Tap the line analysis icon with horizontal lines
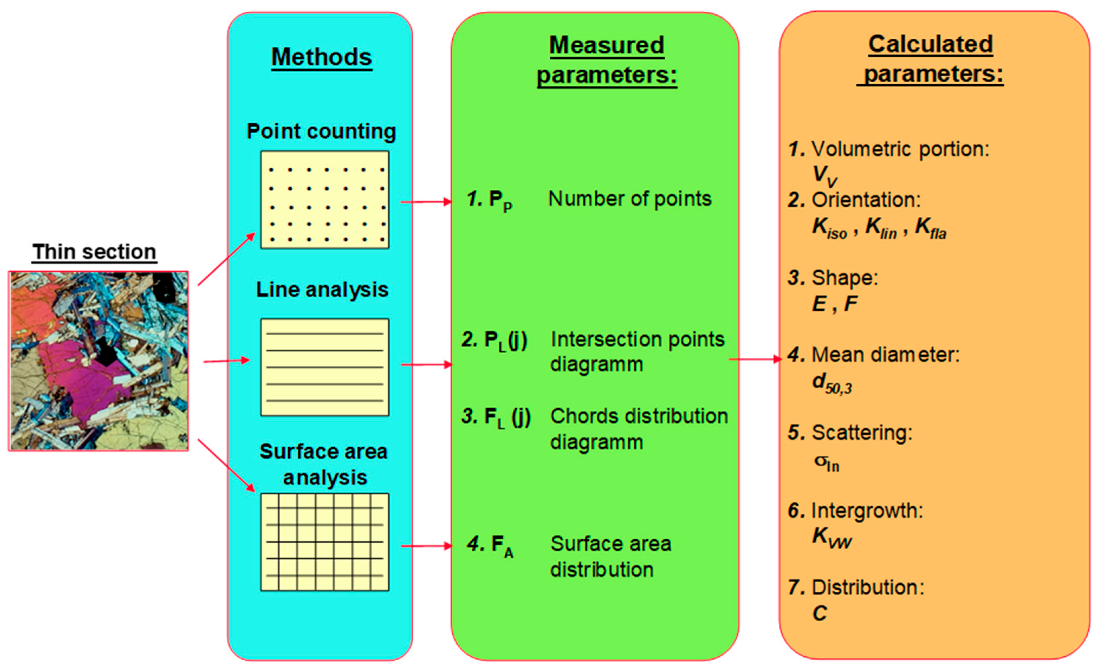(325, 367)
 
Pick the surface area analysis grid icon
(325, 542)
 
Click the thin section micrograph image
(98, 361)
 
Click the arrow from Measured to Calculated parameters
(755, 359)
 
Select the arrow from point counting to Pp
(426, 202)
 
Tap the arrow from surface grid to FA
(426, 546)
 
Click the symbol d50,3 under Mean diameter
(832, 383)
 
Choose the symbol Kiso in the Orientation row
(829, 228)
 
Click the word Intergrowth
(867, 510)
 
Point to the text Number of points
(630, 199)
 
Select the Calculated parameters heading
(930, 59)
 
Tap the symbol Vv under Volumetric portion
(825, 176)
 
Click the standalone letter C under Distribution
(819, 614)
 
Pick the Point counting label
(321, 131)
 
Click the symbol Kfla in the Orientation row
(930, 228)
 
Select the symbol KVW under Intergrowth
(832, 537)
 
